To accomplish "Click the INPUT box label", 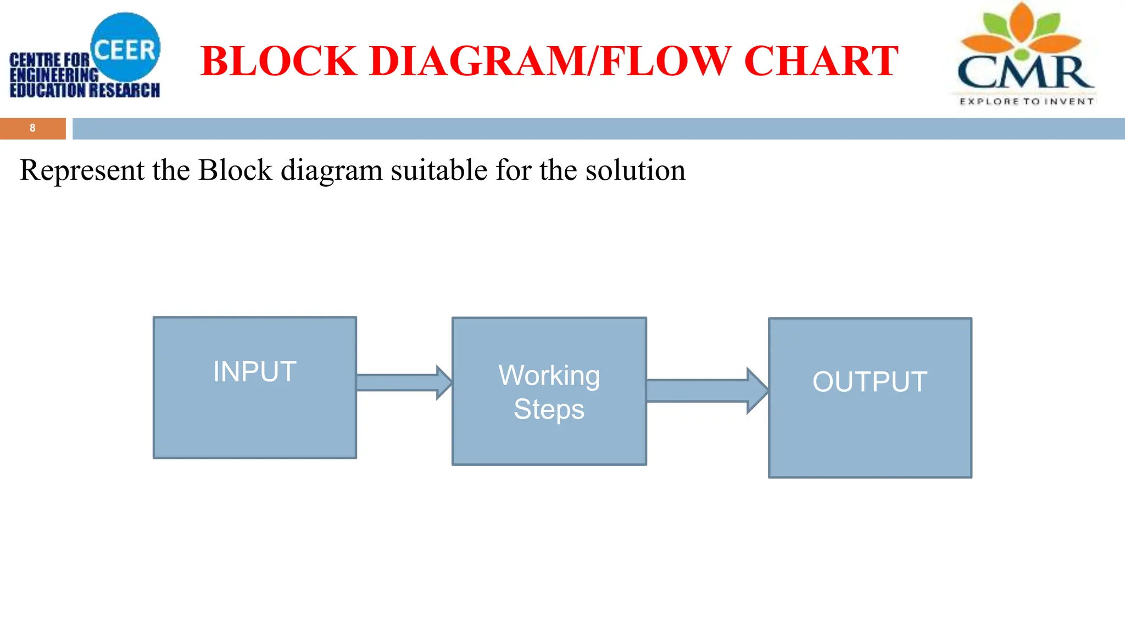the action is (255, 371).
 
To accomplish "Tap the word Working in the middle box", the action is (549, 377).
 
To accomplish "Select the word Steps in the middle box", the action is (549, 410).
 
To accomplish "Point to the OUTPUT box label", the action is (870, 381).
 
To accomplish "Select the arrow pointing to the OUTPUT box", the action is (708, 391).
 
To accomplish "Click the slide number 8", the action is (32, 128).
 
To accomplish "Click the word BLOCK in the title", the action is (279, 60).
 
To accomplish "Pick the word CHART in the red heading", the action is (821, 60).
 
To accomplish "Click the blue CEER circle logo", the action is (126, 47).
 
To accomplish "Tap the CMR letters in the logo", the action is (1025, 72).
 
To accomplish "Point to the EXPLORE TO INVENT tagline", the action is (1027, 101).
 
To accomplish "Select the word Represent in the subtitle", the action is (82, 170).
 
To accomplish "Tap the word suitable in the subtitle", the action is (439, 170).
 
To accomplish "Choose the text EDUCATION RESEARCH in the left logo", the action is (85, 90).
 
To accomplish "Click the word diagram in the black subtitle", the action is (331, 171).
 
